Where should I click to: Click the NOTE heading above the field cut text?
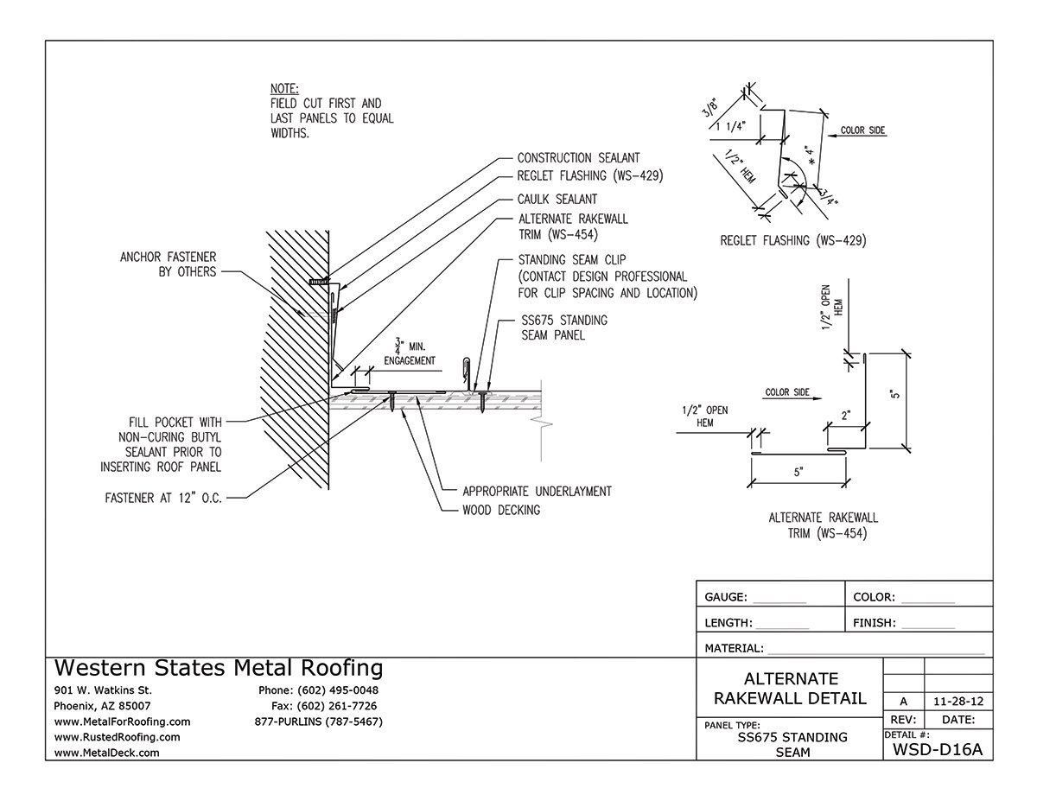284,89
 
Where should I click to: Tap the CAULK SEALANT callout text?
557,200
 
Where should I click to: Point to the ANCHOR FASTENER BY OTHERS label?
169,264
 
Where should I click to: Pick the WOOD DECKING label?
501,510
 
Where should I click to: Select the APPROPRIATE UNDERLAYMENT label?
537,491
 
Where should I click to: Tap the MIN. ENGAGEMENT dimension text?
405,354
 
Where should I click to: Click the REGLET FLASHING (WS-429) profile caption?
792,240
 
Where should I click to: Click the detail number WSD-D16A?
937,748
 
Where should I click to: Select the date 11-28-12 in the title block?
957,700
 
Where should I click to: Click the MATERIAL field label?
734,647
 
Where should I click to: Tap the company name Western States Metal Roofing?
219,668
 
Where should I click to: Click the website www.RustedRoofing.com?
117,737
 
